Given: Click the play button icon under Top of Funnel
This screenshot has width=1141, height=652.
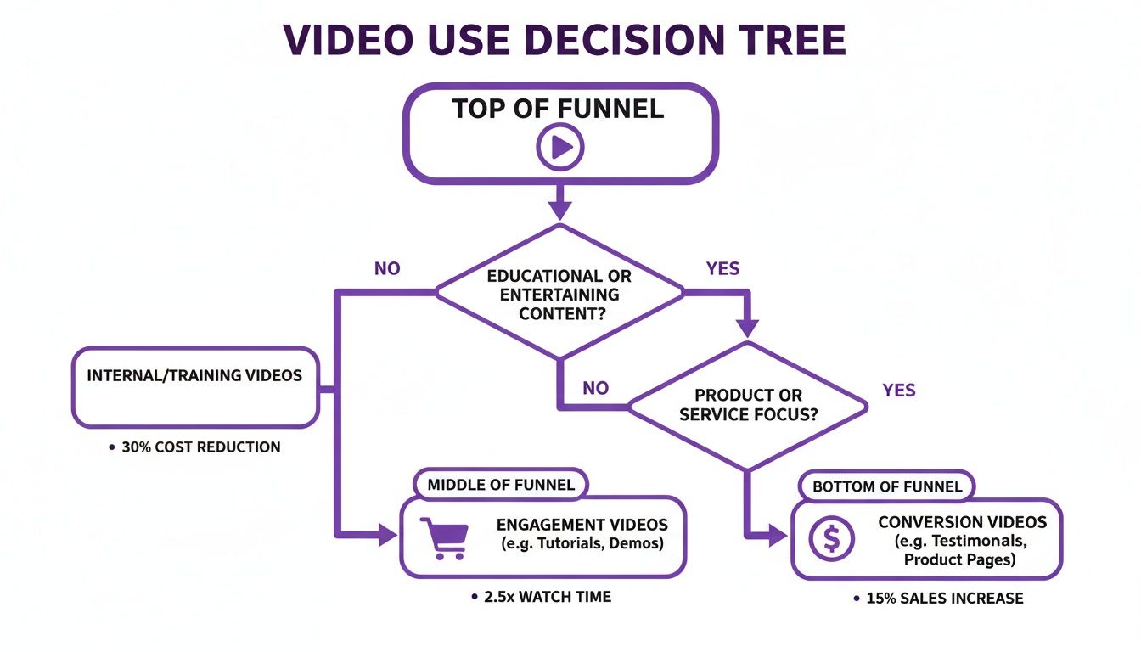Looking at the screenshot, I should pyautogui.click(x=560, y=148).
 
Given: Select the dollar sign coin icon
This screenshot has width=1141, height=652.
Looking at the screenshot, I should pyautogui.click(x=831, y=538).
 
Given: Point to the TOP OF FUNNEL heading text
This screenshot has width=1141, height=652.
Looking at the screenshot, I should pyautogui.click(x=558, y=109).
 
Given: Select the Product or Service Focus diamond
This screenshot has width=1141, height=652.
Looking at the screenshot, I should pyautogui.click(x=747, y=405).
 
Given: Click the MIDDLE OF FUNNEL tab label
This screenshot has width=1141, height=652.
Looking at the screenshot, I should pyautogui.click(x=501, y=485).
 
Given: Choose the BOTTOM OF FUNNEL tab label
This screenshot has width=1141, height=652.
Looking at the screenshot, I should pyautogui.click(x=887, y=486).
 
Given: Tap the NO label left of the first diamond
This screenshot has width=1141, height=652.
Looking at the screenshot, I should pyautogui.click(x=387, y=268).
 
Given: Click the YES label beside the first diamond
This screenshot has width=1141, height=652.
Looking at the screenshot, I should pyautogui.click(x=722, y=268).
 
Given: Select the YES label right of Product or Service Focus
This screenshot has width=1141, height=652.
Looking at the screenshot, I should pyautogui.click(x=899, y=390).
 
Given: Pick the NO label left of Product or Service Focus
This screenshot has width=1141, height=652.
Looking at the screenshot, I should pyautogui.click(x=595, y=388).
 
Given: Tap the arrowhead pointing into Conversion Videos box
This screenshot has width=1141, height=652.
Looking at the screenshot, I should pyautogui.click(x=777, y=535).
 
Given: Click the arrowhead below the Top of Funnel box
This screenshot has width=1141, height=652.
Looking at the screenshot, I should pyautogui.click(x=560, y=209).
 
